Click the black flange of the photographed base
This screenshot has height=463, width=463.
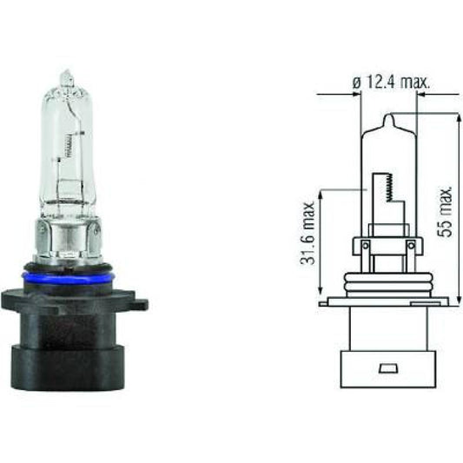click(74, 300)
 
